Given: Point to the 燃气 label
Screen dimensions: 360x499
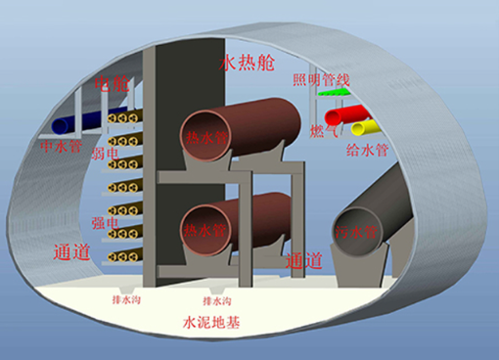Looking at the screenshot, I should coord(323,131).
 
